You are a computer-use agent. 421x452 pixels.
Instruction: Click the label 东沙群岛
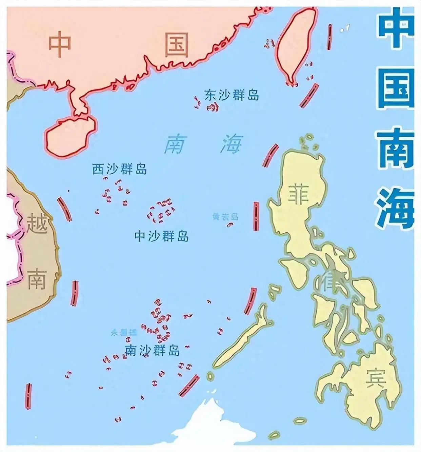tap(232, 95)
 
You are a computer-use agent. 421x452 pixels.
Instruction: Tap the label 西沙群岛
tap(120, 169)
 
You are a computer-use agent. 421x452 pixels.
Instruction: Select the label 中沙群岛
tap(161, 236)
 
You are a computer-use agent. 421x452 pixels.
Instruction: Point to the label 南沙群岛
tap(152, 350)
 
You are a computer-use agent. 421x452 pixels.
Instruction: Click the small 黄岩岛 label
tap(225, 217)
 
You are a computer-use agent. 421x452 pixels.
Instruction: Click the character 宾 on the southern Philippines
tap(376, 379)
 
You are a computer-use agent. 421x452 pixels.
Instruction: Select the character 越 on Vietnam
tap(37, 223)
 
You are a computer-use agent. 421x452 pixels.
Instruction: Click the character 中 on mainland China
tap(60, 44)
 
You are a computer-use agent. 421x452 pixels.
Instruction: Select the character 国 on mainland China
tap(176, 44)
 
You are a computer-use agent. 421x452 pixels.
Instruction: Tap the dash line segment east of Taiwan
tap(329, 37)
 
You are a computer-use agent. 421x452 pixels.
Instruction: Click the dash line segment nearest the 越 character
tap(64, 209)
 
